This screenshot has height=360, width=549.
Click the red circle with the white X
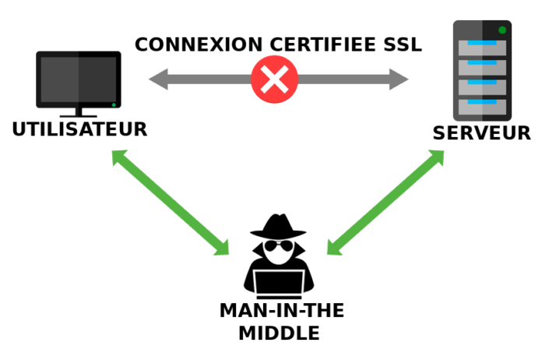pyautogui.click(x=274, y=79)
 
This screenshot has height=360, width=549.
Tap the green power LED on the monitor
pyautogui.click(x=114, y=104)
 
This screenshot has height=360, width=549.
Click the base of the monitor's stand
pyautogui.click(x=79, y=115)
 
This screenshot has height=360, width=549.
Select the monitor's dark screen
pyautogui.click(x=79, y=79)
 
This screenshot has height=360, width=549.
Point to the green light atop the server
pyautogui.click(x=502, y=30)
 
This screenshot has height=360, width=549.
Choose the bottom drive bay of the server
pyautogui.click(x=483, y=105)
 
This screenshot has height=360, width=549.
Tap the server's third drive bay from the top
pyautogui.click(x=483, y=86)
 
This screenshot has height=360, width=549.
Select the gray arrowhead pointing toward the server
pyautogui.click(x=399, y=79)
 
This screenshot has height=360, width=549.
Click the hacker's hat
pyautogui.click(x=278, y=228)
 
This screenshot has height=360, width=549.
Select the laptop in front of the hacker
pyautogui.click(x=278, y=283)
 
